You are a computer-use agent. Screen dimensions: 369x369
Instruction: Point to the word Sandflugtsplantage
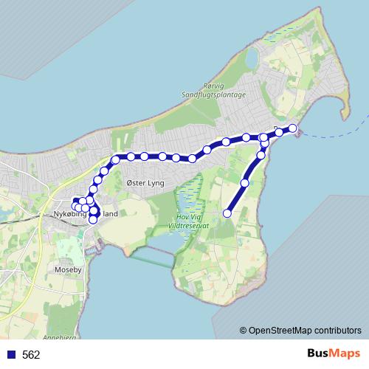click(x=215, y=94)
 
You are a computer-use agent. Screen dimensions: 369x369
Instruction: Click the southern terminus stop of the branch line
click(x=228, y=213)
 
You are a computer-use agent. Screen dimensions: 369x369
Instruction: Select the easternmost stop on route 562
click(x=292, y=128)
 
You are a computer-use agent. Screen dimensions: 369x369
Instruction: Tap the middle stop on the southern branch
click(x=245, y=182)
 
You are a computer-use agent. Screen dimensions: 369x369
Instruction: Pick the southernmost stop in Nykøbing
click(x=93, y=219)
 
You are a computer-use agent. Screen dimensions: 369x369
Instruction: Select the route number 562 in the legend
click(x=31, y=355)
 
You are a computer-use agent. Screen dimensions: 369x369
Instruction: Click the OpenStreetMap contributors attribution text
click(x=305, y=330)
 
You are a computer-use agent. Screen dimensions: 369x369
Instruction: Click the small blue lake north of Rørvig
click(x=252, y=57)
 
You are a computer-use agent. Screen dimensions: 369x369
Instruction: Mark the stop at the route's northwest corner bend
click(x=115, y=159)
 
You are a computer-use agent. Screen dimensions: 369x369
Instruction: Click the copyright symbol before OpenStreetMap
click(x=244, y=330)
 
